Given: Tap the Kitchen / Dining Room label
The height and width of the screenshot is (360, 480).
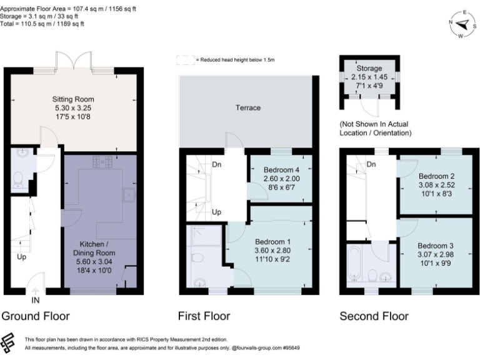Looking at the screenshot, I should point(97,248).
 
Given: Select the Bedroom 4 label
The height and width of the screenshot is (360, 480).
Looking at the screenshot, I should point(282,170).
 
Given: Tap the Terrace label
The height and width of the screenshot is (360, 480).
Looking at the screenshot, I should point(248,107).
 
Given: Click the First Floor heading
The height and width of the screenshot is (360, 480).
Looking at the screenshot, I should point(204,316).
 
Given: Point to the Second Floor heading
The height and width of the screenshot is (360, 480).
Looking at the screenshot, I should point(374,316).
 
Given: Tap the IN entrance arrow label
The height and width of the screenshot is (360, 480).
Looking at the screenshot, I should point(35,301).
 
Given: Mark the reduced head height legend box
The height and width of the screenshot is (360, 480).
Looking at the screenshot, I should point(185,60).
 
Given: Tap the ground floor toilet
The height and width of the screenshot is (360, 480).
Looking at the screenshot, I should point(18,179).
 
